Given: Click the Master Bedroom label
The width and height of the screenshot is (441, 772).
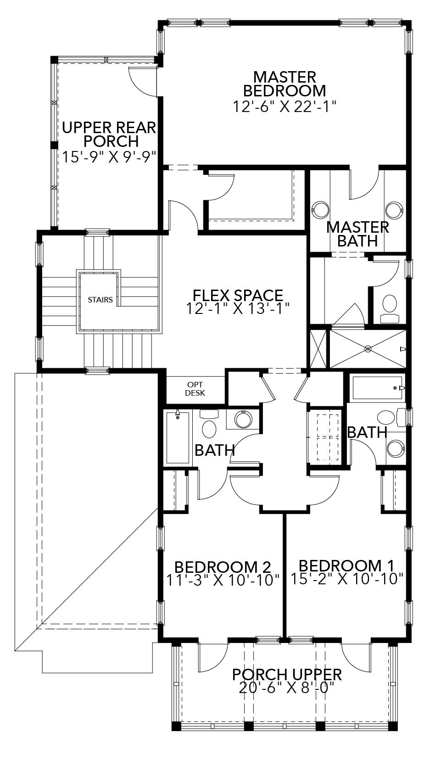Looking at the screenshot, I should (x=285, y=84).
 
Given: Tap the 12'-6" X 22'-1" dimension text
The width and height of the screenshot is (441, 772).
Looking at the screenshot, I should (x=285, y=106).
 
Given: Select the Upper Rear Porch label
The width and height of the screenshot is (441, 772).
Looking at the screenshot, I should (x=110, y=134).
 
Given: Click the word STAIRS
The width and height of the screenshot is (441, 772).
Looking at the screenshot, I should (x=100, y=300).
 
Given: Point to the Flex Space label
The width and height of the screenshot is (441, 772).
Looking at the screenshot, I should (x=238, y=295).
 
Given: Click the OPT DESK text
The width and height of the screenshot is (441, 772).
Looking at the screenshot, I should (x=195, y=389).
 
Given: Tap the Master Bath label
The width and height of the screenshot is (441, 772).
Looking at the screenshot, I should (x=357, y=234).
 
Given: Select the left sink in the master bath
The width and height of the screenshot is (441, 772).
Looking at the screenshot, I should (x=320, y=210).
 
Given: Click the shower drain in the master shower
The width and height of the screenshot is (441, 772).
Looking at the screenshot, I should (x=368, y=349).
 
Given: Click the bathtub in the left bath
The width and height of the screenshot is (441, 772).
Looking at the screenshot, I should (x=178, y=437).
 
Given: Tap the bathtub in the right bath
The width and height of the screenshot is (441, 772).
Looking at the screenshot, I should (x=377, y=388).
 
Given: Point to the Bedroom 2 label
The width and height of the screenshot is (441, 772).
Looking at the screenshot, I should (x=222, y=566).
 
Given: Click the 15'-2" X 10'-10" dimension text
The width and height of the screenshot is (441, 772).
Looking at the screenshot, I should (x=347, y=579).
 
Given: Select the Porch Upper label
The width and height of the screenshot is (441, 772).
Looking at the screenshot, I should (x=287, y=674).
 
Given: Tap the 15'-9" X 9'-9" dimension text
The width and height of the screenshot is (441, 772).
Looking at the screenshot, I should (x=110, y=157).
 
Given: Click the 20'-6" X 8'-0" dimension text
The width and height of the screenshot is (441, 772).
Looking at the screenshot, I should (x=287, y=688).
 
